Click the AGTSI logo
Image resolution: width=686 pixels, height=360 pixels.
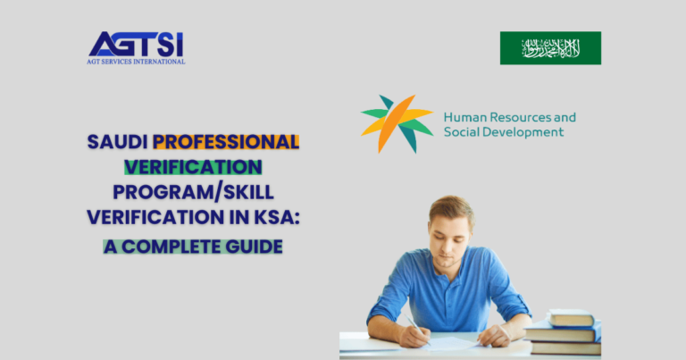click(x=137, y=45)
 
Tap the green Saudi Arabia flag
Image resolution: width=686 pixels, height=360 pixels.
click(x=550, y=48)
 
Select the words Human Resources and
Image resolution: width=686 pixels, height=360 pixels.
click(x=509, y=117)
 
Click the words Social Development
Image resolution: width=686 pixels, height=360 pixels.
click(x=504, y=132)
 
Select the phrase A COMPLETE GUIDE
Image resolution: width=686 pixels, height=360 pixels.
click(x=193, y=245)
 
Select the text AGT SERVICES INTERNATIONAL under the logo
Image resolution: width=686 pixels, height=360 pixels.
click(x=137, y=62)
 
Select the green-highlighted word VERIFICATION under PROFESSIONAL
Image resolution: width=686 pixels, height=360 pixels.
click(x=193, y=167)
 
